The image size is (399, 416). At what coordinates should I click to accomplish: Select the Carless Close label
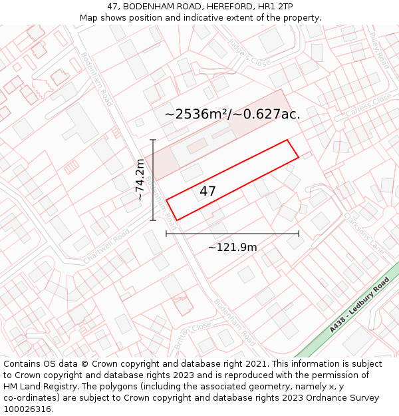[370, 106]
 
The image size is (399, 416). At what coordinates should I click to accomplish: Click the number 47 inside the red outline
[207, 192]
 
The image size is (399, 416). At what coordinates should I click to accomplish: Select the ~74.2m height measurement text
[140, 180]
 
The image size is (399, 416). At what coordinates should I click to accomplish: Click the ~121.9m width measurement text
[232, 248]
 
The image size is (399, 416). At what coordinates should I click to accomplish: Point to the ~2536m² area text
[196, 114]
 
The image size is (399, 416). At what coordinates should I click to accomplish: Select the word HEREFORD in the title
[223, 7]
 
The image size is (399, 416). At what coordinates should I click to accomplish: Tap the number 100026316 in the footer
[29, 409]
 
